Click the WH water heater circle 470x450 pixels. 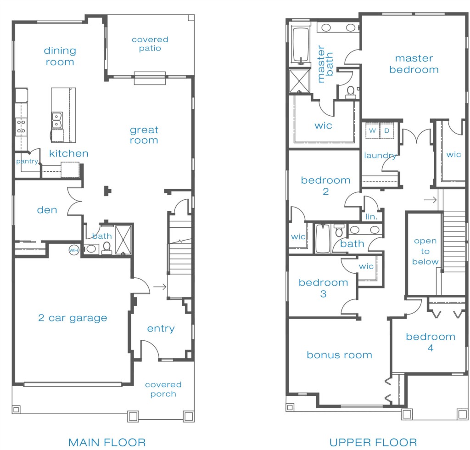74,250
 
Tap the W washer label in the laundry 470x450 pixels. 372,131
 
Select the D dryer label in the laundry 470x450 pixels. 386,131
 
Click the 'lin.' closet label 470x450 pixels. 371,216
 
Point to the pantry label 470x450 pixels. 27,162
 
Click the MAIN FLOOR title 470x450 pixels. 107,443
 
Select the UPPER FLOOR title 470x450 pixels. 373,443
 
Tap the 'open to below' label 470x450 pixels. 425,251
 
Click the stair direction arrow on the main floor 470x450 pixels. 160,287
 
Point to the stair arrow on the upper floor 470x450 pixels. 430,200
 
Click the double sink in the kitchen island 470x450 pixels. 57,120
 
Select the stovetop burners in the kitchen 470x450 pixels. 21,127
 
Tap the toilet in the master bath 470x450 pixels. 350,92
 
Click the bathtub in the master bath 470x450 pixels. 301,45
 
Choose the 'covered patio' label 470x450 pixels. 150,44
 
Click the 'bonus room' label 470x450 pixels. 339,355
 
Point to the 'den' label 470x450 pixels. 47,210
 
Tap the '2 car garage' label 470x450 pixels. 73,318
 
